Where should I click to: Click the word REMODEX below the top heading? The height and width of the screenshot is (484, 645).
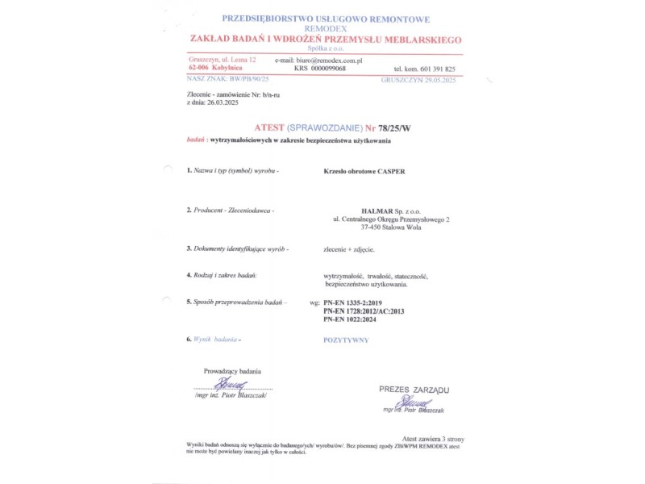(325, 28)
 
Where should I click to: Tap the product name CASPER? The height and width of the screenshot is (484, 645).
(388, 172)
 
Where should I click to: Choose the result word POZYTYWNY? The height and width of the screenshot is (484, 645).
(346, 340)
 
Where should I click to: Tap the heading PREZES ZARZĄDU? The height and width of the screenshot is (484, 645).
(414, 390)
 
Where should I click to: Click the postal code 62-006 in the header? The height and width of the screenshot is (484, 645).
(199, 69)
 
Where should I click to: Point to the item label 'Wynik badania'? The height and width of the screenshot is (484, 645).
(217, 340)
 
